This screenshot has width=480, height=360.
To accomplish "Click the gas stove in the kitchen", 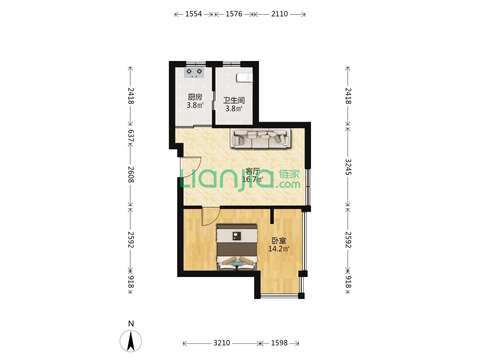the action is click(x=194, y=72).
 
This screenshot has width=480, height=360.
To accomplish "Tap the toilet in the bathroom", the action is click(x=245, y=78).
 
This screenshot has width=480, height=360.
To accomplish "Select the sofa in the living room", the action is click(x=260, y=138).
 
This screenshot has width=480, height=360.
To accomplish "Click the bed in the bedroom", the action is click(x=237, y=247).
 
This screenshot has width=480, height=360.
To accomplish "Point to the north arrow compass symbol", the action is click(x=131, y=341).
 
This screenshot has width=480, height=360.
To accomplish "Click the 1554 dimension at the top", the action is click(x=194, y=14).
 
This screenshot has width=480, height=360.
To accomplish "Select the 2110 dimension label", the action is click(x=279, y=14).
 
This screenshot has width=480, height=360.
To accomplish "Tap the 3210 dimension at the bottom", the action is click(x=222, y=343).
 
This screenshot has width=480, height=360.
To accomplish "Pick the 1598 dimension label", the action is click(x=279, y=343).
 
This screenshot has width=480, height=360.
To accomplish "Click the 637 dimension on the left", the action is click(x=131, y=136).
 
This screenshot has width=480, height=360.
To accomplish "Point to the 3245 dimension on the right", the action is click(x=348, y=167).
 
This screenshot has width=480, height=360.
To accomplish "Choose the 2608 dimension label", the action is click(x=131, y=175).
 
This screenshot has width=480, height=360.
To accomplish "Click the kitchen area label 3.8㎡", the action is click(x=195, y=105).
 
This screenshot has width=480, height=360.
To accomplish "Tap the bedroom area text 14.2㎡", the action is click(x=279, y=249).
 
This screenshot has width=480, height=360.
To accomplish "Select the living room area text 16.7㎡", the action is click(x=252, y=179).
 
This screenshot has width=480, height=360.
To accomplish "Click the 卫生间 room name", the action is click(x=234, y=101).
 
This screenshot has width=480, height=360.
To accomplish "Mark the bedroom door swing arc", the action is click(x=214, y=220).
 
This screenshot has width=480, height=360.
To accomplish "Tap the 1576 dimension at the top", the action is click(x=234, y=14).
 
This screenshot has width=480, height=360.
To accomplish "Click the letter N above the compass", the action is click(x=131, y=323).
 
